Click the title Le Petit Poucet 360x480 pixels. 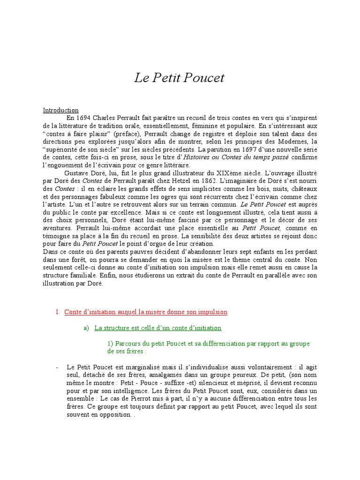coord(180,78)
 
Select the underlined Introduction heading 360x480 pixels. coord(61,111)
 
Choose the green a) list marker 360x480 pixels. coord(86,328)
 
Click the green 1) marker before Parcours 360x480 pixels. coord(111,344)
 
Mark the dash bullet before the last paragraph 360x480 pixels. coord(57,367)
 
